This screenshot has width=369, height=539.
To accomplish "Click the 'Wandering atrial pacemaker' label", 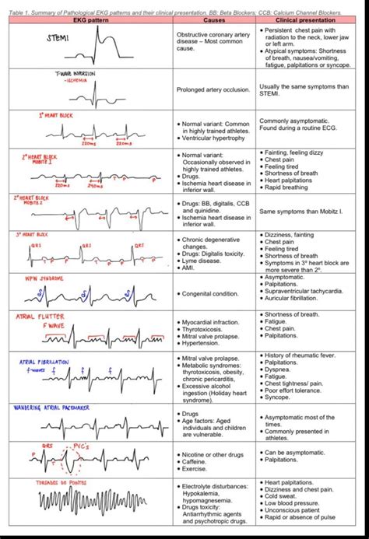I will click(54, 407).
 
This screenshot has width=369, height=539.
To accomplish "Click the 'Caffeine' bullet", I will click(202, 460).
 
